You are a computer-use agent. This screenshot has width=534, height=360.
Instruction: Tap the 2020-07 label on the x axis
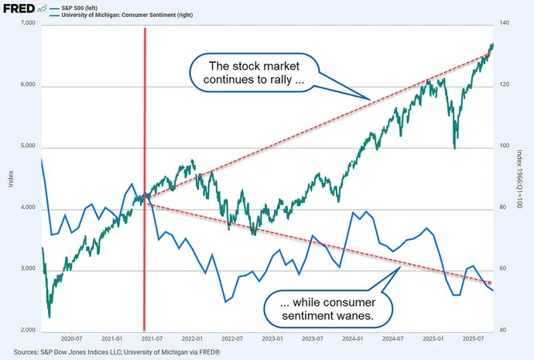click(x=71, y=339)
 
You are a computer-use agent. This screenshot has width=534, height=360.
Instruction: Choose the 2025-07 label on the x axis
click(x=473, y=339)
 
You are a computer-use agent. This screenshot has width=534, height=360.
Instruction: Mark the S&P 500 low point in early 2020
click(x=49, y=316)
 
